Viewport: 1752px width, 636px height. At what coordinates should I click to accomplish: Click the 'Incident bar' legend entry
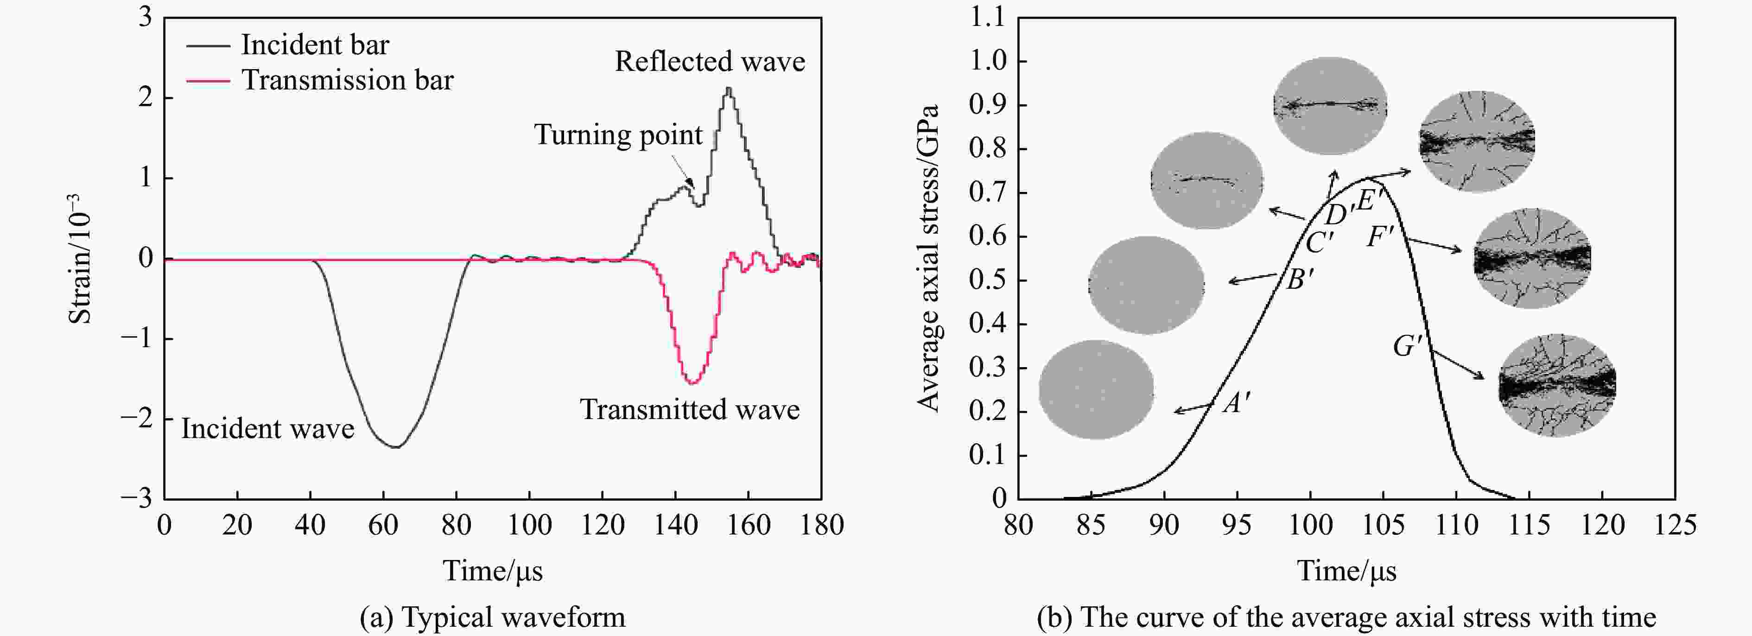point(314,45)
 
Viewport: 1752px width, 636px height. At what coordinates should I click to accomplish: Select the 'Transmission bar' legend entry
point(347,80)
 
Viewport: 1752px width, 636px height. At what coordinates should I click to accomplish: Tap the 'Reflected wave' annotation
point(709,61)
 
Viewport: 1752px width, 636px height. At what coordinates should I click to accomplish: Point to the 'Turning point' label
point(617,135)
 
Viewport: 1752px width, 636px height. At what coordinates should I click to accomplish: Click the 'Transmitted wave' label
point(689,409)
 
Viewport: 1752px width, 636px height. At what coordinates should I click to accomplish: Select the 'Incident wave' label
point(267,428)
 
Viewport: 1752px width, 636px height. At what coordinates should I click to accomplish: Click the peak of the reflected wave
point(729,89)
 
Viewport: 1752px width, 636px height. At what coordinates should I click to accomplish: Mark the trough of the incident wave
point(396,447)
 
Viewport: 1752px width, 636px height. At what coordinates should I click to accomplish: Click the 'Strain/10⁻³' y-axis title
point(80,259)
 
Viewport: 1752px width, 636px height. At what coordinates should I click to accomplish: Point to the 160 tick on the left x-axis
point(748,524)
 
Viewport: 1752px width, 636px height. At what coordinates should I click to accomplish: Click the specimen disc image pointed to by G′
point(1557,385)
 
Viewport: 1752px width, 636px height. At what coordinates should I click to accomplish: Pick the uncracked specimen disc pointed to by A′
point(1096,390)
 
